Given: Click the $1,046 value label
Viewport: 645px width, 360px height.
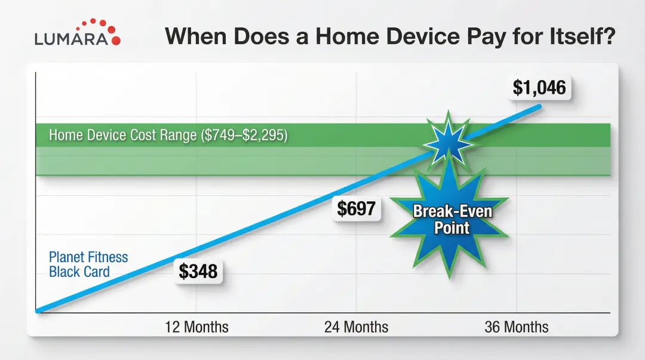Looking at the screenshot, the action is pyautogui.click(x=539, y=88).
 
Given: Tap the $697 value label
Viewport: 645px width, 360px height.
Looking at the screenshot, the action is pyautogui.click(x=356, y=208).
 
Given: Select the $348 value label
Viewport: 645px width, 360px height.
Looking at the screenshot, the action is pyautogui.click(x=198, y=272).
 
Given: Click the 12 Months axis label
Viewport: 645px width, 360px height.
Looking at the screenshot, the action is pyautogui.click(x=196, y=327).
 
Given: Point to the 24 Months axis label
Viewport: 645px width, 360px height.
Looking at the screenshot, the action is pyautogui.click(x=356, y=327).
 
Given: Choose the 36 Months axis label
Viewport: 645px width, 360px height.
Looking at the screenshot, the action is pyautogui.click(x=517, y=327).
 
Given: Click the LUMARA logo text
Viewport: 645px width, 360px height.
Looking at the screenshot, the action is pyautogui.click(x=71, y=39).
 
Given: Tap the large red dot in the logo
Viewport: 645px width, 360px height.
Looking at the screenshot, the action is pyautogui.click(x=116, y=41).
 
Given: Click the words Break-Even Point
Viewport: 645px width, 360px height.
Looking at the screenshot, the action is pyautogui.click(x=452, y=219).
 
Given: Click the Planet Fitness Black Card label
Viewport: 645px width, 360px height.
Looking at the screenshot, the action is pyautogui.click(x=88, y=264).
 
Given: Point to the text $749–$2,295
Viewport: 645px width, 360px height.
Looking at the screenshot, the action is pyautogui.click(x=244, y=135).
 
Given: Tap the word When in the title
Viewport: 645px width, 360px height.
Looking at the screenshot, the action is pyautogui.click(x=195, y=36).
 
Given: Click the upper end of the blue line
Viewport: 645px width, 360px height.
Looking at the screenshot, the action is pyautogui.click(x=539, y=106).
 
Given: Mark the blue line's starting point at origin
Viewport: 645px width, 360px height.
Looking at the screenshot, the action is pyautogui.click(x=38, y=311).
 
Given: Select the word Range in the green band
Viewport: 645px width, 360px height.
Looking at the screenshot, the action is pyautogui.click(x=178, y=136).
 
